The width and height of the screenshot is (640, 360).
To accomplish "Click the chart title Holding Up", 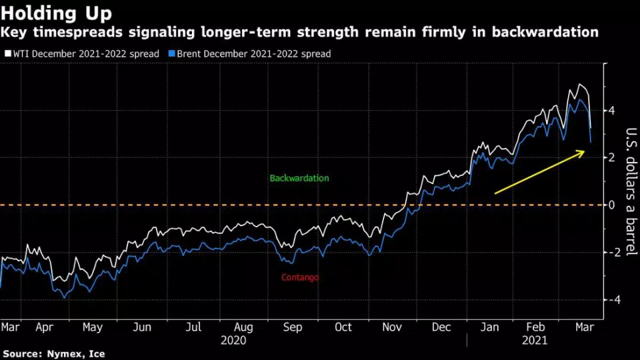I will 57,13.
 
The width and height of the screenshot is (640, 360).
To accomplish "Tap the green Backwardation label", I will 299,179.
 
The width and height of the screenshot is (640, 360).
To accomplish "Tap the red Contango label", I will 299,277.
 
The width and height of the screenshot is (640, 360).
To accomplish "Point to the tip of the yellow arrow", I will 584,153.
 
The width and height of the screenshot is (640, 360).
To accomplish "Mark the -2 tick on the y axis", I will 609,252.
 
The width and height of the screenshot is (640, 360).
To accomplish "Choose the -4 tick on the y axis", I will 609,299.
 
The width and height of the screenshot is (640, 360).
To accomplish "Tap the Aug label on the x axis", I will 243,327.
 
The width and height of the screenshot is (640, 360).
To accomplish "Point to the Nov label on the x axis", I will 393,327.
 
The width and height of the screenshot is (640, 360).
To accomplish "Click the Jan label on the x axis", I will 490,327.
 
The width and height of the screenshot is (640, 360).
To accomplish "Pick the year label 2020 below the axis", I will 233,340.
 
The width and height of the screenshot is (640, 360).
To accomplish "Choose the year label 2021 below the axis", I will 535,340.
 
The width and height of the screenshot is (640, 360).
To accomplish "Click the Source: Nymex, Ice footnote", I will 53,354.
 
